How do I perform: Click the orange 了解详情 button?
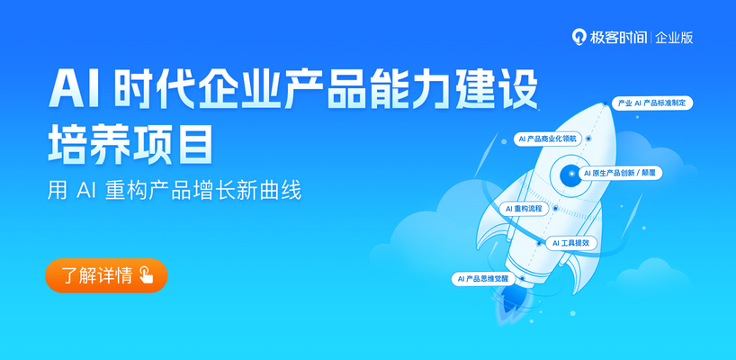pyautogui.click(x=106, y=275)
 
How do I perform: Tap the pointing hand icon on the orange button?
pyautogui.click(x=147, y=275)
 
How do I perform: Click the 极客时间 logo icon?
pyautogui.click(x=578, y=37)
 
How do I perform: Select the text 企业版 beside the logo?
pyautogui.click(x=675, y=38)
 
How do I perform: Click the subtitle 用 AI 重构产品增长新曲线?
pyautogui.click(x=175, y=191)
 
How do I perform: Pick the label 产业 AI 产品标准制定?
pyautogui.click(x=652, y=103)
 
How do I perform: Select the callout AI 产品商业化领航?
pyautogui.click(x=548, y=139)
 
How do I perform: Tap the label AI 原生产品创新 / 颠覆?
pyautogui.click(x=621, y=173)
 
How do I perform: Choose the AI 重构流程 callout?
pyautogui.click(x=524, y=209)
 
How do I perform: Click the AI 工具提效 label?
pyautogui.click(x=570, y=243)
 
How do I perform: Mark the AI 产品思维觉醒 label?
pyautogui.click(x=483, y=279)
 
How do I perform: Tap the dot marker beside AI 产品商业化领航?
pyautogui.click(x=588, y=139)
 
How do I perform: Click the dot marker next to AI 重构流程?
pyautogui.click(x=555, y=208)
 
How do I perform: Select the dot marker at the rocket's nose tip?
pyautogui.click(x=606, y=103)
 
